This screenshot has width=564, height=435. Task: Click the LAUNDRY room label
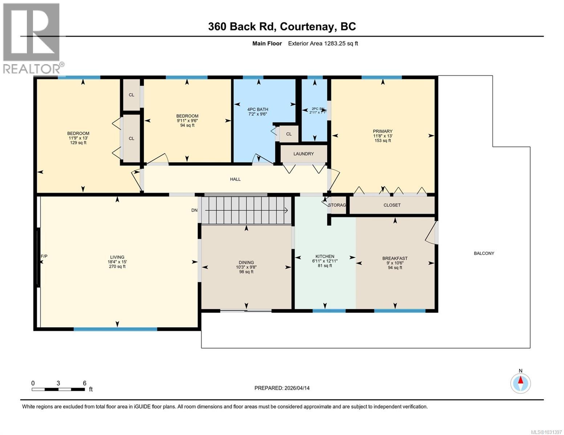[x=303, y=154]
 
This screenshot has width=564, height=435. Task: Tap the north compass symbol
[x=520, y=383]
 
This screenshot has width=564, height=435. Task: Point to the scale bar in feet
[x=59, y=389]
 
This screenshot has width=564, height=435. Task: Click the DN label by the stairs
[x=194, y=210]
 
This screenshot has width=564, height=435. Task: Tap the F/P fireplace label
[x=44, y=256]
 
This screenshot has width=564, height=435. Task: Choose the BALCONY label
[x=484, y=253]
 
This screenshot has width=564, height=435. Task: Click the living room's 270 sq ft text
[x=117, y=266]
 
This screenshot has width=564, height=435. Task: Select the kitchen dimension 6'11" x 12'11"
[x=325, y=261]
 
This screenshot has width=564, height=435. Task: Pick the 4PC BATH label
[x=257, y=109]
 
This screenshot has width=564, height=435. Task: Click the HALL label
[x=235, y=179]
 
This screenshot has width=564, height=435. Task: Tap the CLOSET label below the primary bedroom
[x=392, y=205]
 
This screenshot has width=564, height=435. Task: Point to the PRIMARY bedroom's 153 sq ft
[x=382, y=140]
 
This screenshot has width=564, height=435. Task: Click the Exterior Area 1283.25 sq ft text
[x=323, y=43]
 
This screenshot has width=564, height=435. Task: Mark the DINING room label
[x=246, y=262]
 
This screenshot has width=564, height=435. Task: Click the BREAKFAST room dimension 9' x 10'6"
[x=395, y=263]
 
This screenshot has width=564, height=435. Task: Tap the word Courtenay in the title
[x=307, y=27]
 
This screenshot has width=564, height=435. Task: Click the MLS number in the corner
[x=546, y=432]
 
